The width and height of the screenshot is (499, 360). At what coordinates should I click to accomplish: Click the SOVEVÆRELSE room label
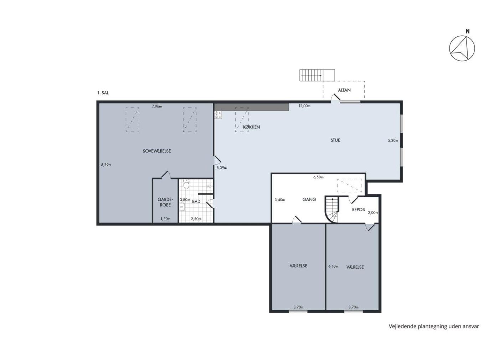(x=157, y=151)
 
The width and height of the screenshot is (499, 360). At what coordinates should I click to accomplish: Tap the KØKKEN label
(x=252, y=127)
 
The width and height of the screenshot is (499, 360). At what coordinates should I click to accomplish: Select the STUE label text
(x=335, y=140)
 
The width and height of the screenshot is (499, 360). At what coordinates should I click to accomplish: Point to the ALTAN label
(x=344, y=90)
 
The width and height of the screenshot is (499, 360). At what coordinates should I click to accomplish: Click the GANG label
(x=309, y=199)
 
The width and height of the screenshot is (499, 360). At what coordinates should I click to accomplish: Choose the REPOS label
(x=359, y=210)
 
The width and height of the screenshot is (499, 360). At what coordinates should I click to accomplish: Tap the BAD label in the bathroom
(x=196, y=201)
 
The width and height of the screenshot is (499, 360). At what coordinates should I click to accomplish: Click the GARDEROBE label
(x=165, y=202)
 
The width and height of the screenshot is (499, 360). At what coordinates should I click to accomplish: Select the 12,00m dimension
(x=304, y=106)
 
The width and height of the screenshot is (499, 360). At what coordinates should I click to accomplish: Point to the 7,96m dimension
(x=157, y=106)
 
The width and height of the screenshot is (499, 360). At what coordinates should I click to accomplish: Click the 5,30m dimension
(x=393, y=140)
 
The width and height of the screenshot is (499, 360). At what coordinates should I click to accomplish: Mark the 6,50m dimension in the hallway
(x=318, y=178)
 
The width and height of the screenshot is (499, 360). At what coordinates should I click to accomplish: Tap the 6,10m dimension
(x=333, y=267)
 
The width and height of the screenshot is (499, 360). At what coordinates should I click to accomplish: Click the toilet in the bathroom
(x=186, y=184)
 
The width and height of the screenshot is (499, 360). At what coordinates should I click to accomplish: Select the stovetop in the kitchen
(x=218, y=114)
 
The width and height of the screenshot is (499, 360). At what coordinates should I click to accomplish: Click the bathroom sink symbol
(x=182, y=207)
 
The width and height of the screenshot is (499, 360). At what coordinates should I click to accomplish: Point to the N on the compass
(x=468, y=32)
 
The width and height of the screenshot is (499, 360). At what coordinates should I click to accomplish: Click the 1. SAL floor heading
(x=103, y=93)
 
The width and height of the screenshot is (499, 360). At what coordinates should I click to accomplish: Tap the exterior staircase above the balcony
(x=317, y=75)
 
